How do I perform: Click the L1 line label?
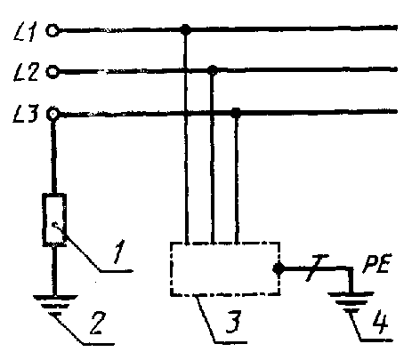26,31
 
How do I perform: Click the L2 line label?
26,72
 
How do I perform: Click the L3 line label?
26,115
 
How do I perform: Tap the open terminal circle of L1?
53,30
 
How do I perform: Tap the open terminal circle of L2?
53,72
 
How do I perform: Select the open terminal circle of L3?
53,114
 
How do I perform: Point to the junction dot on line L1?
186,29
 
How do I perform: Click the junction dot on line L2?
212,70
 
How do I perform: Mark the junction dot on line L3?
236,112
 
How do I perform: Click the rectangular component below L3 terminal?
54,220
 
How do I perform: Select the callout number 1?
119,252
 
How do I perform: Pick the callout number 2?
97,323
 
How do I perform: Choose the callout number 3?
234,322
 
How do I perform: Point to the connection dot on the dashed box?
279,268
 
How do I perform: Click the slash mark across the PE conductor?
317,268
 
